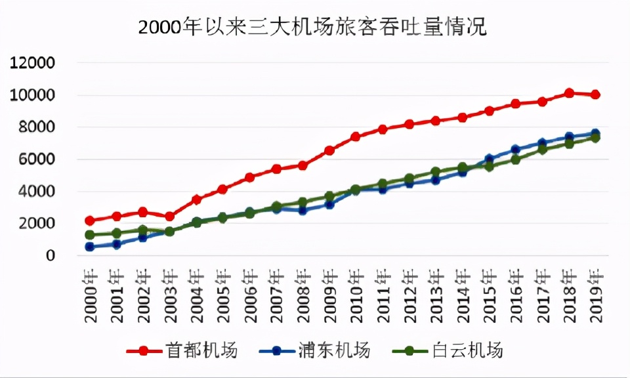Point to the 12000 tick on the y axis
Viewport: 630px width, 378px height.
click(31, 64)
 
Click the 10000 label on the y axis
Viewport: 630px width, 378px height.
click(31, 96)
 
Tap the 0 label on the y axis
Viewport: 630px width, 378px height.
click(50, 256)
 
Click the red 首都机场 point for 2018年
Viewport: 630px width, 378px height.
click(569, 93)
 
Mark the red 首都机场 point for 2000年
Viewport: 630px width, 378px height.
click(90, 220)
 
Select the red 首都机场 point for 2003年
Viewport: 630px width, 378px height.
click(169, 216)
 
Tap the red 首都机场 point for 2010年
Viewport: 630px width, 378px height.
click(356, 136)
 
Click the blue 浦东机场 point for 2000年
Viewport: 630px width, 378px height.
click(90, 247)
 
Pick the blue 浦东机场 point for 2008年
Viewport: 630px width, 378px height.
click(303, 210)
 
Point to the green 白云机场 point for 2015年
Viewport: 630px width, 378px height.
click(489, 166)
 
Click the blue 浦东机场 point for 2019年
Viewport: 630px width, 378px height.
click(595, 133)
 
